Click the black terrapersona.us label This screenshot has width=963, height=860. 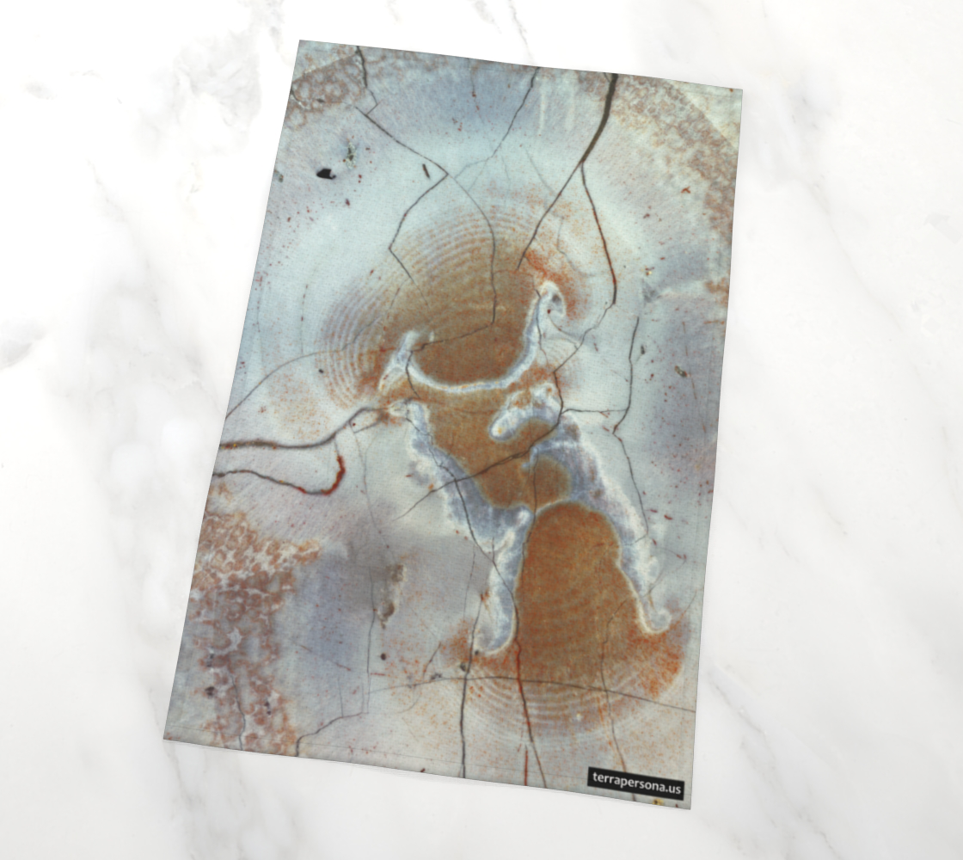(x=636, y=783)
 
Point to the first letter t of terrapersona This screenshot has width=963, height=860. (x=594, y=779)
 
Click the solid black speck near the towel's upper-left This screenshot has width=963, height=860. (x=325, y=173)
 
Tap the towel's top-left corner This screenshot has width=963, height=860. (x=302, y=42)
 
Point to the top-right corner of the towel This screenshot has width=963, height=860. (x=740, y=88)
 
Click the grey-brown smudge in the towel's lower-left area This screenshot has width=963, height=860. (x=391, y=589)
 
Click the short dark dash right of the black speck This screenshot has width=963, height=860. (x=426, y=171)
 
